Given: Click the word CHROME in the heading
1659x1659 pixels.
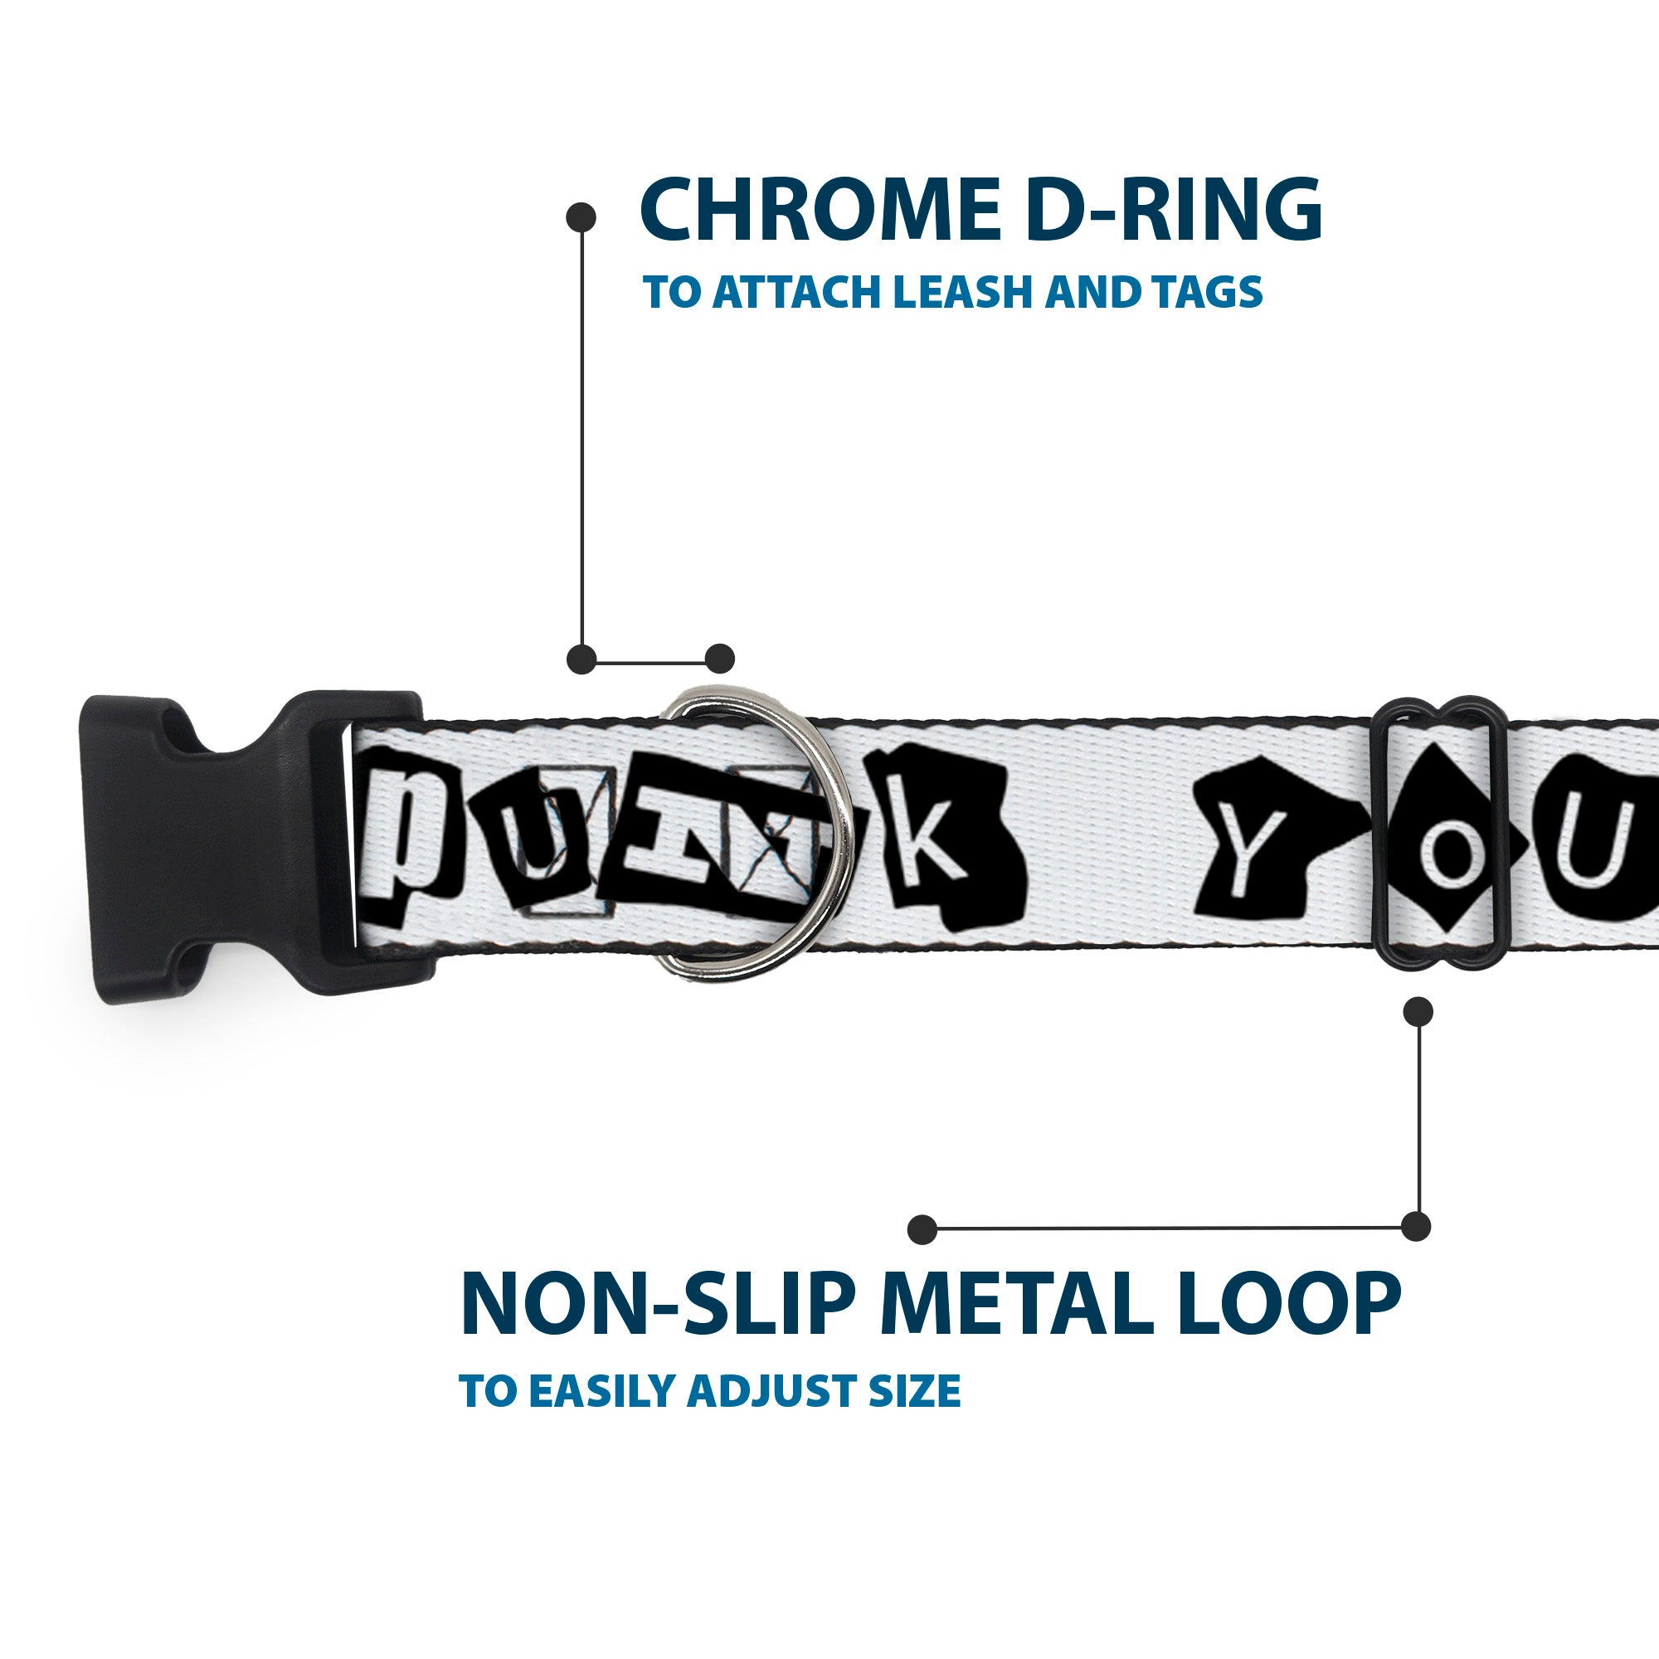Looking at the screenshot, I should tap(815, 211).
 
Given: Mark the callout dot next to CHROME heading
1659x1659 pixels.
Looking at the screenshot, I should tap(581, 216).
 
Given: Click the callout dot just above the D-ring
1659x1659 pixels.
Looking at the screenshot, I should tap(719, 659).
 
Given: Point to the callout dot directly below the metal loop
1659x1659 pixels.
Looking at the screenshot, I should tap(1418, 1011).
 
